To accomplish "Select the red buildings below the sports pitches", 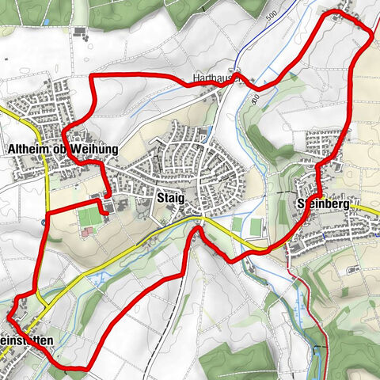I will click(x=87, y=232).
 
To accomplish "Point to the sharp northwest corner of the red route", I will click(x=92, y=77).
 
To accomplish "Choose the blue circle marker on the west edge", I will click(x=41, y=222).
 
